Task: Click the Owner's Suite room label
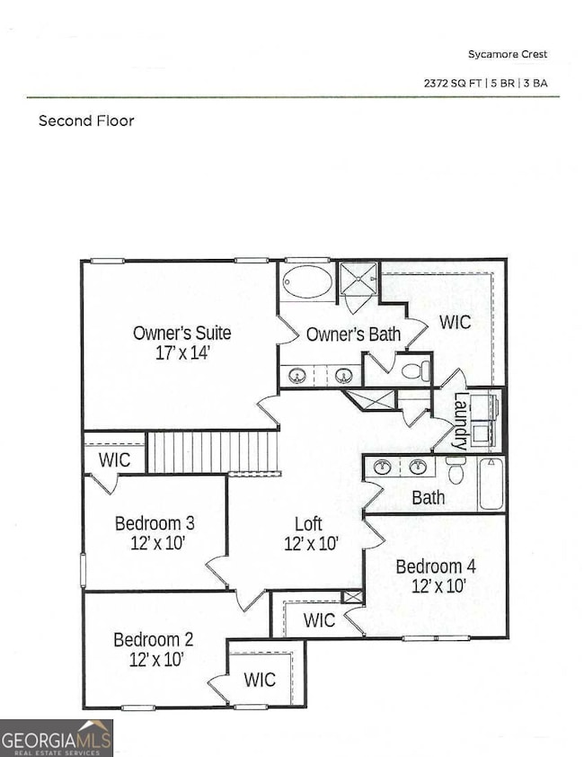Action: pyautogui.click(x=181, y=333)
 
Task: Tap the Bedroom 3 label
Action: pyautogui.click(x=155, y=523)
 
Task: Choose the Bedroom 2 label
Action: pyautogui.click(x=153, y=639)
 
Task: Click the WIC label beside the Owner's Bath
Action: pyautogui.click(x=456, y=321)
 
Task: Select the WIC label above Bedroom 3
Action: pyautogui.click(x=114, y=460)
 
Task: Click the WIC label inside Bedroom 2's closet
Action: pyautogui.click(x=260, y=678)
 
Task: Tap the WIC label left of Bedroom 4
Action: pyautogui.click(x=319, y=620)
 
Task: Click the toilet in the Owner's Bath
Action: pyautogui.click(x=414, y=370)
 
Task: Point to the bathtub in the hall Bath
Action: pyautogui.click(x=490, y=483)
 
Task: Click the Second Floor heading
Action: pyautogui.click(x=86, y=120)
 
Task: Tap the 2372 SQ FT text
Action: pyautogui.click(x=456, y=83)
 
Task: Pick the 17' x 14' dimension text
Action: pyautogui.click(x=181, y=353)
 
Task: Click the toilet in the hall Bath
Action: pyautogui.click(x=456, y=469)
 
